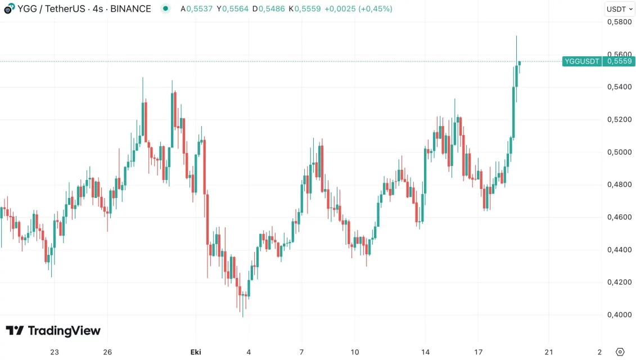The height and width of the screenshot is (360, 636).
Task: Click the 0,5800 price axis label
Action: tap(619, 22)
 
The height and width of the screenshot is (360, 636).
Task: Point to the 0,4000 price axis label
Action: tap(619, 314)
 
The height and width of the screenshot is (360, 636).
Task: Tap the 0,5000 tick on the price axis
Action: tap(619, 152)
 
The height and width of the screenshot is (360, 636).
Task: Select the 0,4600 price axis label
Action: tap(619, 217)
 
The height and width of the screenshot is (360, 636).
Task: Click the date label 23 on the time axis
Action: tap(54, 352)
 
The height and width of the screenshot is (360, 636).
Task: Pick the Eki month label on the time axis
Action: tap(196, 352)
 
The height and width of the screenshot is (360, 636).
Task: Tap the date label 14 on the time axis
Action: tap(425, 352)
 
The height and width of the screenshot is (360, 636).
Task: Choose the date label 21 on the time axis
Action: tap(549, 352)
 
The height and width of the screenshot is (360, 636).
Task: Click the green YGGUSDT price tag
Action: tap(581, 61)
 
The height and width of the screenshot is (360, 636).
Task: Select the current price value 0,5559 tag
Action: tap(619, 61)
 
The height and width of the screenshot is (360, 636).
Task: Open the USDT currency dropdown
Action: tap(619, 9)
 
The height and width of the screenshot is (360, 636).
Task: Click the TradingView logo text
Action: tap(53, 331)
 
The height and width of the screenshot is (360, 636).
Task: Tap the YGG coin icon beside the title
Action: tap(9, 9)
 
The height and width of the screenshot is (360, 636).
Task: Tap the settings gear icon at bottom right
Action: tap(620, 352)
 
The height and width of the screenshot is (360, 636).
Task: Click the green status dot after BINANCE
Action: tap(165, 9)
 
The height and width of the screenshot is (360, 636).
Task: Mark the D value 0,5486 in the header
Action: tap(270, 9)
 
